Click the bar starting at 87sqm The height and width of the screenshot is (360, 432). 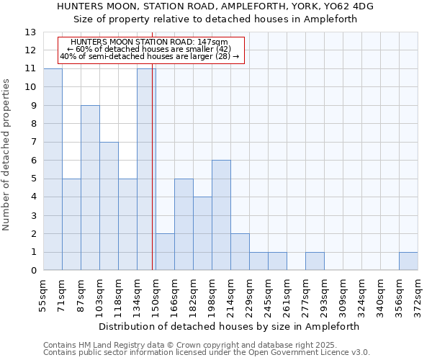coord(90,188)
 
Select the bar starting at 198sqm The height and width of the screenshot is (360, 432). coord(221,215)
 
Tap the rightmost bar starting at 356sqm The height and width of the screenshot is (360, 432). coord(408,261)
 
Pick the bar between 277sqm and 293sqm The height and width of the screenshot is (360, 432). coord(315,261)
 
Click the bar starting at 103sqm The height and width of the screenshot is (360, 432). coord(109,206)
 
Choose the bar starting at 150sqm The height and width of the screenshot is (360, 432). coord(165,252)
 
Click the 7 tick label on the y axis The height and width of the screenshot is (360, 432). coord(33,143)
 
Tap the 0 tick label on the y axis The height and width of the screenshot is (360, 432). coord(33,271)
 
